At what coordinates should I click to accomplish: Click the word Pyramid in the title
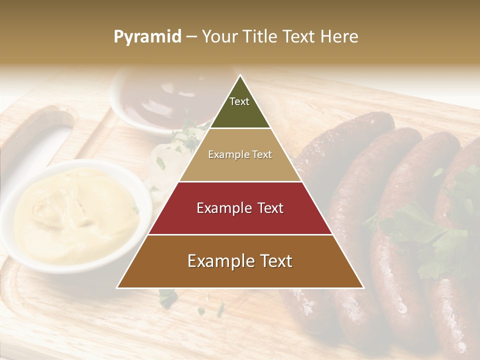(x=147, y=37)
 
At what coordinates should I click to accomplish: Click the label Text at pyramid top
(x=239, y=101)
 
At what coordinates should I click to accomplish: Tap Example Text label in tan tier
(x=240, y=154)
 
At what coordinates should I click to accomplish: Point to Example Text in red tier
(x=240, y=208)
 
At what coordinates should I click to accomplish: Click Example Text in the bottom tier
(x=240, y=261)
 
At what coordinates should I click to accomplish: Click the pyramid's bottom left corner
(x=117, y=288)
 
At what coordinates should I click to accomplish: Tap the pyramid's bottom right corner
(x=363, y=288)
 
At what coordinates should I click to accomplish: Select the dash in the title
(x=191, y=37)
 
